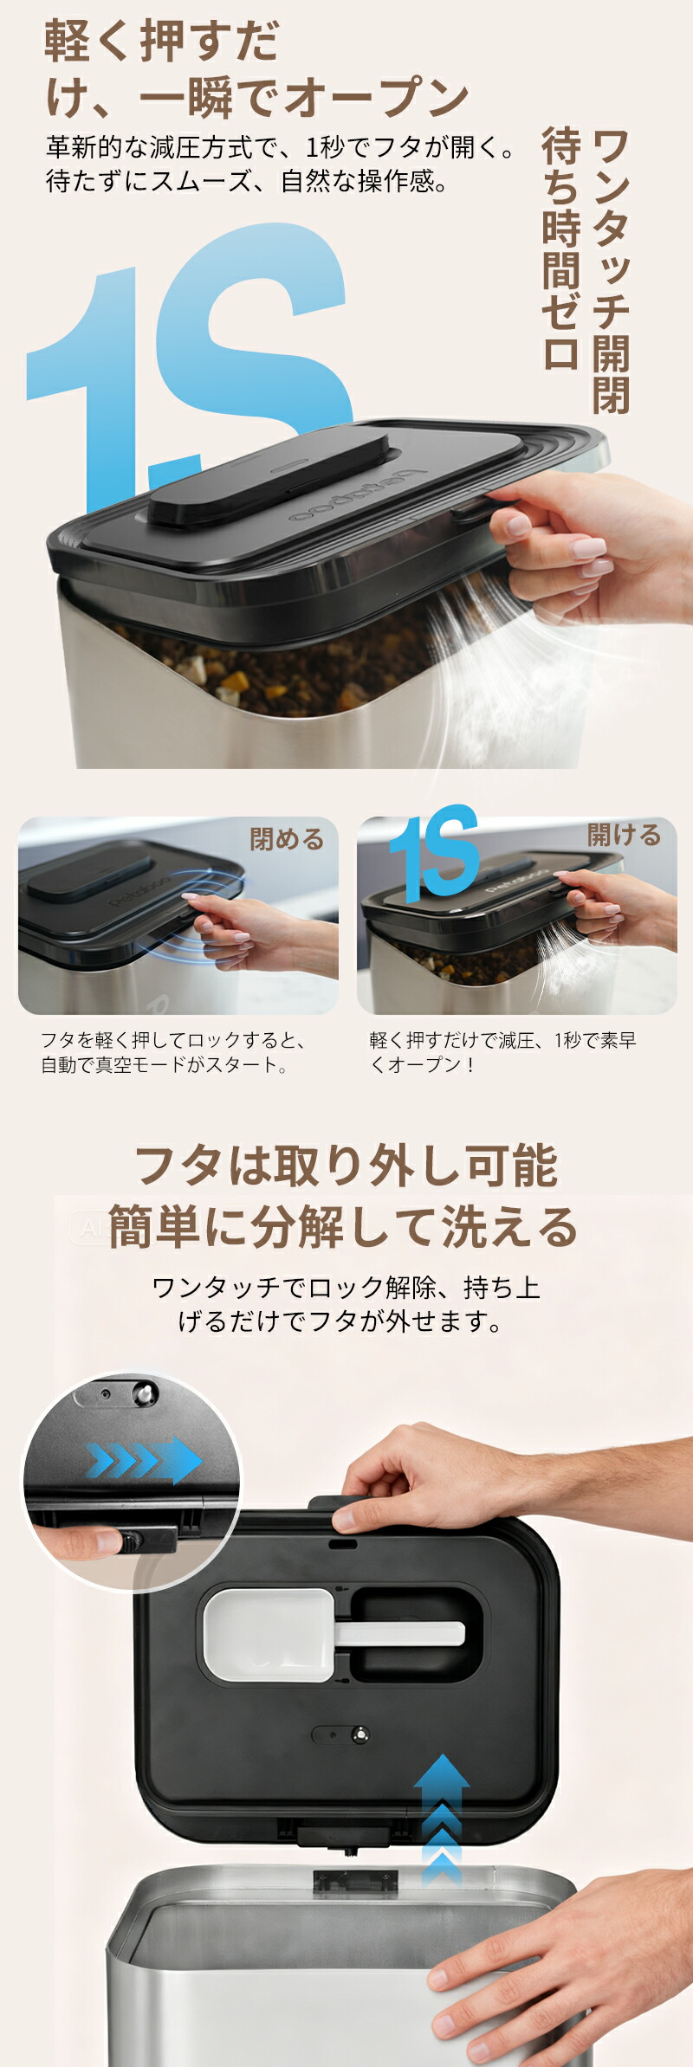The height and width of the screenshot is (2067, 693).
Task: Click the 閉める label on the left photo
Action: click(287, 838)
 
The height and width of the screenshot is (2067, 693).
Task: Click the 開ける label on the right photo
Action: click(624, 834)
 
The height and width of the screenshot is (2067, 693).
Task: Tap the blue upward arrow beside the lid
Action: click(442, 1819)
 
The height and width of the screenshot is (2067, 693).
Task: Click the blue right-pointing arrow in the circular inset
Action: click(143, 1461)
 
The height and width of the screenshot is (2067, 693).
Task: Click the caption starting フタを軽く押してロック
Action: click(172, 1052)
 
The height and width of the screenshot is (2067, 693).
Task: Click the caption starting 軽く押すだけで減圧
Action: click(502, 1052)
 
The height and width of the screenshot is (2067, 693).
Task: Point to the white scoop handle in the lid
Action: click(399, 1634)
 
